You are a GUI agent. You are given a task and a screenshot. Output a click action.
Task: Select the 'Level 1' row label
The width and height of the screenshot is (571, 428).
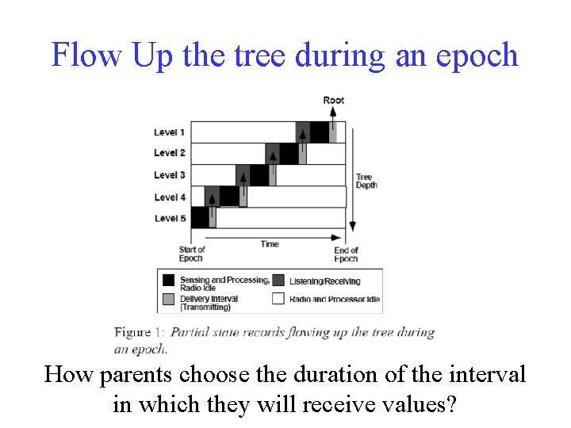click(170, 132)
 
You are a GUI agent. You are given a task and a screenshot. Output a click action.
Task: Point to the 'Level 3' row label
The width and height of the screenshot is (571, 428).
click(170, 175)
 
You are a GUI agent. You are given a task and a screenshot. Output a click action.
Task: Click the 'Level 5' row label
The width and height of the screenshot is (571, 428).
click(170, 218)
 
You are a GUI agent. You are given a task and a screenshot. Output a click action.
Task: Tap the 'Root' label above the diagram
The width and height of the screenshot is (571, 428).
click(334, 100)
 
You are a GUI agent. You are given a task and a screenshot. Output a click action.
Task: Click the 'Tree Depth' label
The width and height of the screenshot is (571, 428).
click(366, 181)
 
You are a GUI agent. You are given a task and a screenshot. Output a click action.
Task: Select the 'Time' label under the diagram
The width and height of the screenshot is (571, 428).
click(270, 244)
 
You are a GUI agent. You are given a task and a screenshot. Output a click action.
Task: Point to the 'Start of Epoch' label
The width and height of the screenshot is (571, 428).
click(191, 254)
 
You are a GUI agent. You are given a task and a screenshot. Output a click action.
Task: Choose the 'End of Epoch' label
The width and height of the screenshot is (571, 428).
click(346, 254)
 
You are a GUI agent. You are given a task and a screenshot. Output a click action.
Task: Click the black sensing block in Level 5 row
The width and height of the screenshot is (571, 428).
click(200, 217)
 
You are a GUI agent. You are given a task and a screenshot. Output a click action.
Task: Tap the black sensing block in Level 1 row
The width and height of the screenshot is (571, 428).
click(319, 132)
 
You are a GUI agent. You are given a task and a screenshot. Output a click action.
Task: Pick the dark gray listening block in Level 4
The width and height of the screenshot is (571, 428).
click(212, 196)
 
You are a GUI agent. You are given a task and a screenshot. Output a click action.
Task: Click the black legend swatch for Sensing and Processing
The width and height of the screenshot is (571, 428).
click(168, 281)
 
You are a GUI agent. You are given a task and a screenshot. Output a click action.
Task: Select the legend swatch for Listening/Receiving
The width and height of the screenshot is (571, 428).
click(278, 280)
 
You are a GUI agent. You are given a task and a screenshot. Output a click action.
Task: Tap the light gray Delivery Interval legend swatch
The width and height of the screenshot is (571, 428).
click(168, 299)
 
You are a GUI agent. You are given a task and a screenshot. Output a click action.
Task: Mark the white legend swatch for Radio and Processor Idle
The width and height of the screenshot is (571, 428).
click(278, 299)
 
